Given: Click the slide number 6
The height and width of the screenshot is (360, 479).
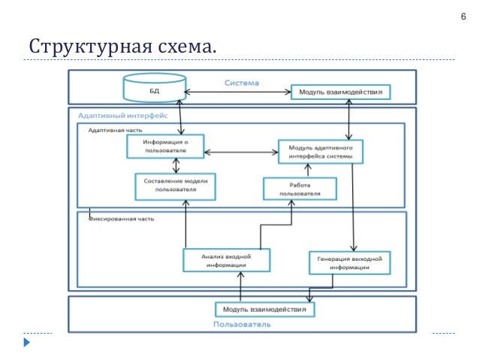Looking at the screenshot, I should [453, 18].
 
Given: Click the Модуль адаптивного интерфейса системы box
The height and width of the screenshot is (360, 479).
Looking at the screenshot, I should [321, 152].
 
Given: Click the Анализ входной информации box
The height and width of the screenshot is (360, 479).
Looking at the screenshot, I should [226, 260].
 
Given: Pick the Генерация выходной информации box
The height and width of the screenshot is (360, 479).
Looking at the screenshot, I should [347, 263].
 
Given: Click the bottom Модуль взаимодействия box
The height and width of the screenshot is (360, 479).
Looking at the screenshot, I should [265, 309].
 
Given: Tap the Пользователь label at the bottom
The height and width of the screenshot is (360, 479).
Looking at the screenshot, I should [242, 325].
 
